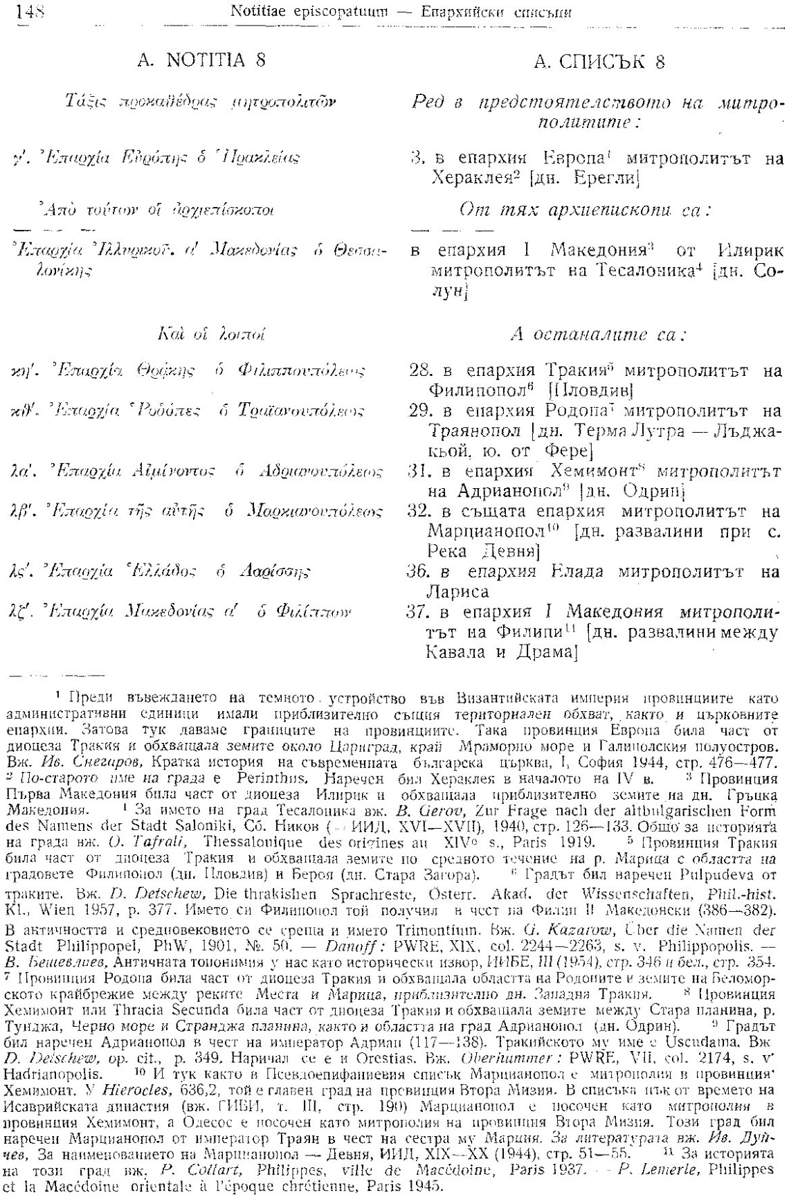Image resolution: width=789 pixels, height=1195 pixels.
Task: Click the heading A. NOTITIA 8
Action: pyautogui.click(x=201, y=60)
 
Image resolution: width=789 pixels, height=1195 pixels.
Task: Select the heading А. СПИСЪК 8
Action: pyautogui.click(x=599, y=62)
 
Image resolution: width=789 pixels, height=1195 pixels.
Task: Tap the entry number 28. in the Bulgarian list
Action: pyautogui.click(x=421, y=370)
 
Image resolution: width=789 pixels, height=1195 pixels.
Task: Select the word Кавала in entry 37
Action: pyautogui.click(x=455, y=652)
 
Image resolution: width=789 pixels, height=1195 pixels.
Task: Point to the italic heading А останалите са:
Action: pyautogui.click(x=597, y=335)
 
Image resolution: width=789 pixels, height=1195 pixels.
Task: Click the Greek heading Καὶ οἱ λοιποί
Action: pyautogui.click(x=211, y=335)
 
